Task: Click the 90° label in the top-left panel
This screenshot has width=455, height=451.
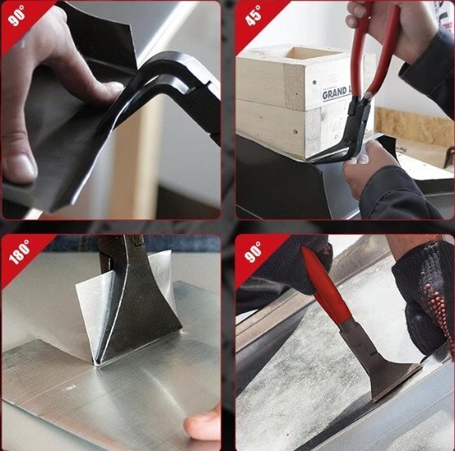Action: click(x=16, y=15)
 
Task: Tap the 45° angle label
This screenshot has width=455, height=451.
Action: click(x=253, y=15)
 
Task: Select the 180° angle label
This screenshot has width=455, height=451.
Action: click(x=19, y=251)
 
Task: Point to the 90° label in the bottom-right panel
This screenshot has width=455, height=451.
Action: click(x=253, y=251)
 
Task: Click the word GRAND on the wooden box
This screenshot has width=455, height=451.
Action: click(x=334, y=93)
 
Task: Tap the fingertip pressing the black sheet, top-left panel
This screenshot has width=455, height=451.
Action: click(x=113, y=88)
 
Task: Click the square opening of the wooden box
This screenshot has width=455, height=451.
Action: click(x=312, y=55)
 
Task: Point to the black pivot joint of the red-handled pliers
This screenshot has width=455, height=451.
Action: click(x=360, y=106)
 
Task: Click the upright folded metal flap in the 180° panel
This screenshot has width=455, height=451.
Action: click(x=93, y=313)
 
